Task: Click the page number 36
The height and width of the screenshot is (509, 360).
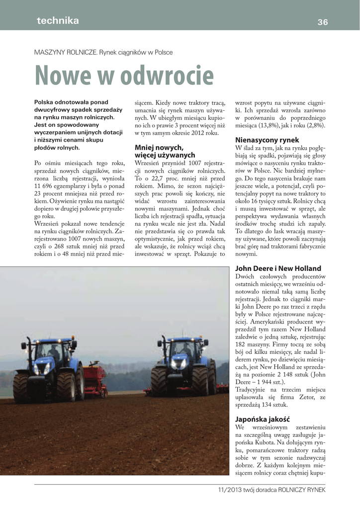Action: [323, 22]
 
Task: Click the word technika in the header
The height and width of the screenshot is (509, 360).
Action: [58, 20]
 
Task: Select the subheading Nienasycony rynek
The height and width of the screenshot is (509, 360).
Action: [267, 140]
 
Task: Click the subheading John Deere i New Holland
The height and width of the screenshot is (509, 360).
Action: [278, 268]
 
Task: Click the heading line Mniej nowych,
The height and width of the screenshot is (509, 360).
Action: [159, 147]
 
